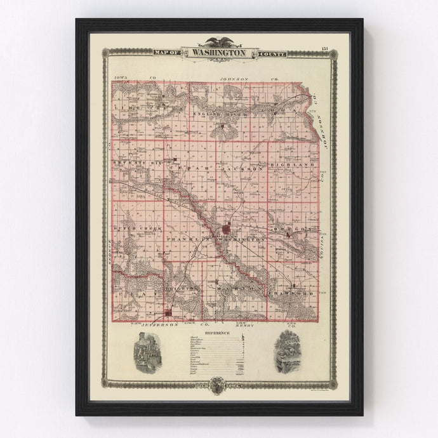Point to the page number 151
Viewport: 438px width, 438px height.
(324, 50)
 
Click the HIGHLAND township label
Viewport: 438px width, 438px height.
(292, 164)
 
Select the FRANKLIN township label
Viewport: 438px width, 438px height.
(185, 238)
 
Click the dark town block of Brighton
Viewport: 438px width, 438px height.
(168, 312)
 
